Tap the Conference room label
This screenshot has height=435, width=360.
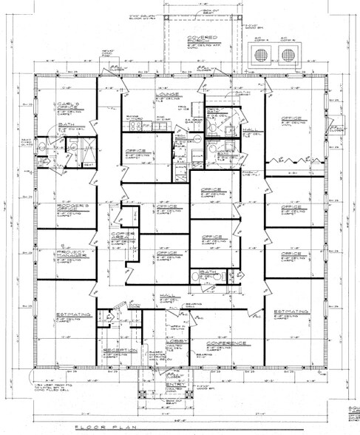click(x=220, y=342)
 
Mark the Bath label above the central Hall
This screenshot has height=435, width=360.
click(x=209, y=272)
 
